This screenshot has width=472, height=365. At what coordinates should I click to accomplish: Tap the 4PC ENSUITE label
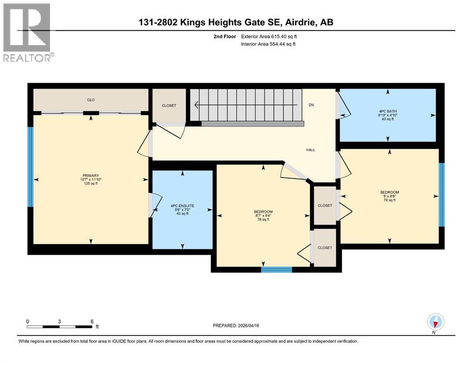tap(183, 206)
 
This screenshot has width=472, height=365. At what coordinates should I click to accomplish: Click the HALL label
tap(310, 150)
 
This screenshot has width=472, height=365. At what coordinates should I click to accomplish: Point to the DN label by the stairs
tap(311, 105)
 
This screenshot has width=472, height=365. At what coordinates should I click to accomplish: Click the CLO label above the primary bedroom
tap(90, 100)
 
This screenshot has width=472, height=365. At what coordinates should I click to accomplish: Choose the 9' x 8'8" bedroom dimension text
tap(389, 196)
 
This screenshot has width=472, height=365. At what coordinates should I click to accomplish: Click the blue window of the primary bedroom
tap(30, 167)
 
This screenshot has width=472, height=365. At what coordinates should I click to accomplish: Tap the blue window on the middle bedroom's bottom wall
tap(276, 269)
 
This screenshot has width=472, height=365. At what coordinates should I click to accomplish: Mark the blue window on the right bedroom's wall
tap(441, 194)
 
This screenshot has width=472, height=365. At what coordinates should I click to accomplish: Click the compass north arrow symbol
tap(435, 322)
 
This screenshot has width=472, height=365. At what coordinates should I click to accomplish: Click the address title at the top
tap(236, 22)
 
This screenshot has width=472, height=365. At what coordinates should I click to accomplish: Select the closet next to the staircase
tap(168, 106)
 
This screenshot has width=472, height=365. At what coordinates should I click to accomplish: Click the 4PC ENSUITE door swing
tap(153, 205)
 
